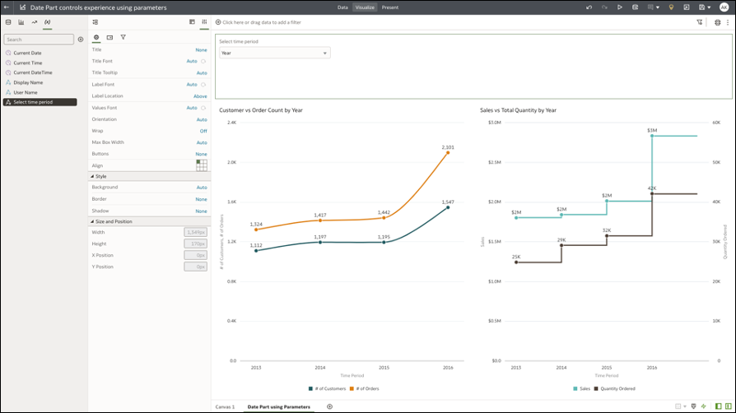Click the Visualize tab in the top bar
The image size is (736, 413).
pos(365,7)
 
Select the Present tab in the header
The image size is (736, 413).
pos(389,7)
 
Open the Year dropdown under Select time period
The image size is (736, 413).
pos(274,53)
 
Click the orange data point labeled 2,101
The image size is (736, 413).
pos(448,152)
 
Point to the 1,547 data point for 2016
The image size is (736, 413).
pos(448,207)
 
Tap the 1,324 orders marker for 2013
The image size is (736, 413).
pos(256,230)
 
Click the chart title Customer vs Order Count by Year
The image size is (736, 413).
pos(261,109)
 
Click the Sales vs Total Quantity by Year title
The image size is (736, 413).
pos(518,109)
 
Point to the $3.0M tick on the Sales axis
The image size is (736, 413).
pos(494,123)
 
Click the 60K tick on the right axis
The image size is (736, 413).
pos(716,123)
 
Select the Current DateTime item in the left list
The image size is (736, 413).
pos(32,72)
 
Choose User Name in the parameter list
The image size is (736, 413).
pos(26,92)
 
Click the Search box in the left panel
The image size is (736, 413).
pos(38,39)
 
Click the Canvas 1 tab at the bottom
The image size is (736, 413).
pos(225,406)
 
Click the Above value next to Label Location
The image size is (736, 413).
pos(200,96)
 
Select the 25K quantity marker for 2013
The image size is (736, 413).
pos(516,262)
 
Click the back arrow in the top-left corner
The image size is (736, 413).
pos(7,7)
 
